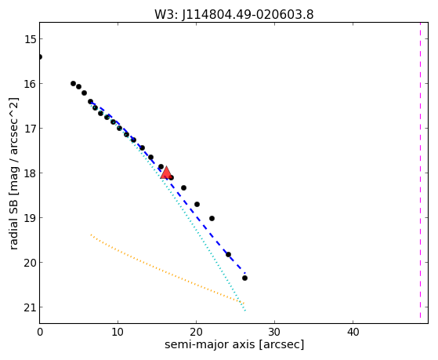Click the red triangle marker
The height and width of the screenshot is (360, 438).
[x=166, y=173]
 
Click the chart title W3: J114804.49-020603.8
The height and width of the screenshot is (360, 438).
[x=234, y=14]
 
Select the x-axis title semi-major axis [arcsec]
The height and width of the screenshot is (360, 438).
[x=234, y=344]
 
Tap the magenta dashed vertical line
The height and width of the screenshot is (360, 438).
[x=420, y=170]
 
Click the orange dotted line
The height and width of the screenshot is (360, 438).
[x=168, y=269]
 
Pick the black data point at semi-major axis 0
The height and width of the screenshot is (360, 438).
[x=40, y=56]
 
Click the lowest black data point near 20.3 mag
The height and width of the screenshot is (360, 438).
[x=244, y=278]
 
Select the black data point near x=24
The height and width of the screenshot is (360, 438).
[x=228, y=254]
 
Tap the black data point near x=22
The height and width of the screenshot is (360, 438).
[x=212, y=218]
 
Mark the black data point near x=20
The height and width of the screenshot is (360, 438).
[x=197, y=204]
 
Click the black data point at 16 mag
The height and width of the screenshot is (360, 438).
[x=73, y=83]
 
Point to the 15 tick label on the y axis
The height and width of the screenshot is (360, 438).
[x=30, y=39]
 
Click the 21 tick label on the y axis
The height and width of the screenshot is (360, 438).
[x=30, y=307]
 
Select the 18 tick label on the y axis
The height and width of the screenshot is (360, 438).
[x=30, y=173]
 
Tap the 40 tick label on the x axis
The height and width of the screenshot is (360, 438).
[x=353, y=332]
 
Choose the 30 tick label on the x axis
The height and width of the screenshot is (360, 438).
[x=274, y=332]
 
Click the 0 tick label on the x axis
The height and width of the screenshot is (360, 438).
[x=40, y=332]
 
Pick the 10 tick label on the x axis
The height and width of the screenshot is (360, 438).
[x=118, y=332]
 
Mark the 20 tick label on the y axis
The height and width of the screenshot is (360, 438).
[x=30, y=263]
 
